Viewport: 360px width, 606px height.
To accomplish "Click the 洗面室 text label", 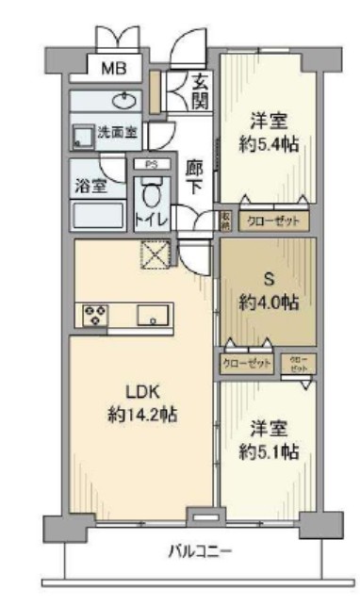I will pyautogui.click(x=118, y=133).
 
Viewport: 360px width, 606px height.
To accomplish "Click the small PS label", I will pyautogui.click(x=151, y=165).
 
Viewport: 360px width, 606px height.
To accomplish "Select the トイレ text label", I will pyautogui.click(x=151, y=221).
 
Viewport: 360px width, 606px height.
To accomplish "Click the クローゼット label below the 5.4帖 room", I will pyautogui.click(x=272, y=221).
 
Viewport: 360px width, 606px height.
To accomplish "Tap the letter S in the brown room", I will pyautogui.click(x=268, y=280).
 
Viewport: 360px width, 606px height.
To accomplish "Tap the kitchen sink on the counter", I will pyautogui.click(x=152, y=316).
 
